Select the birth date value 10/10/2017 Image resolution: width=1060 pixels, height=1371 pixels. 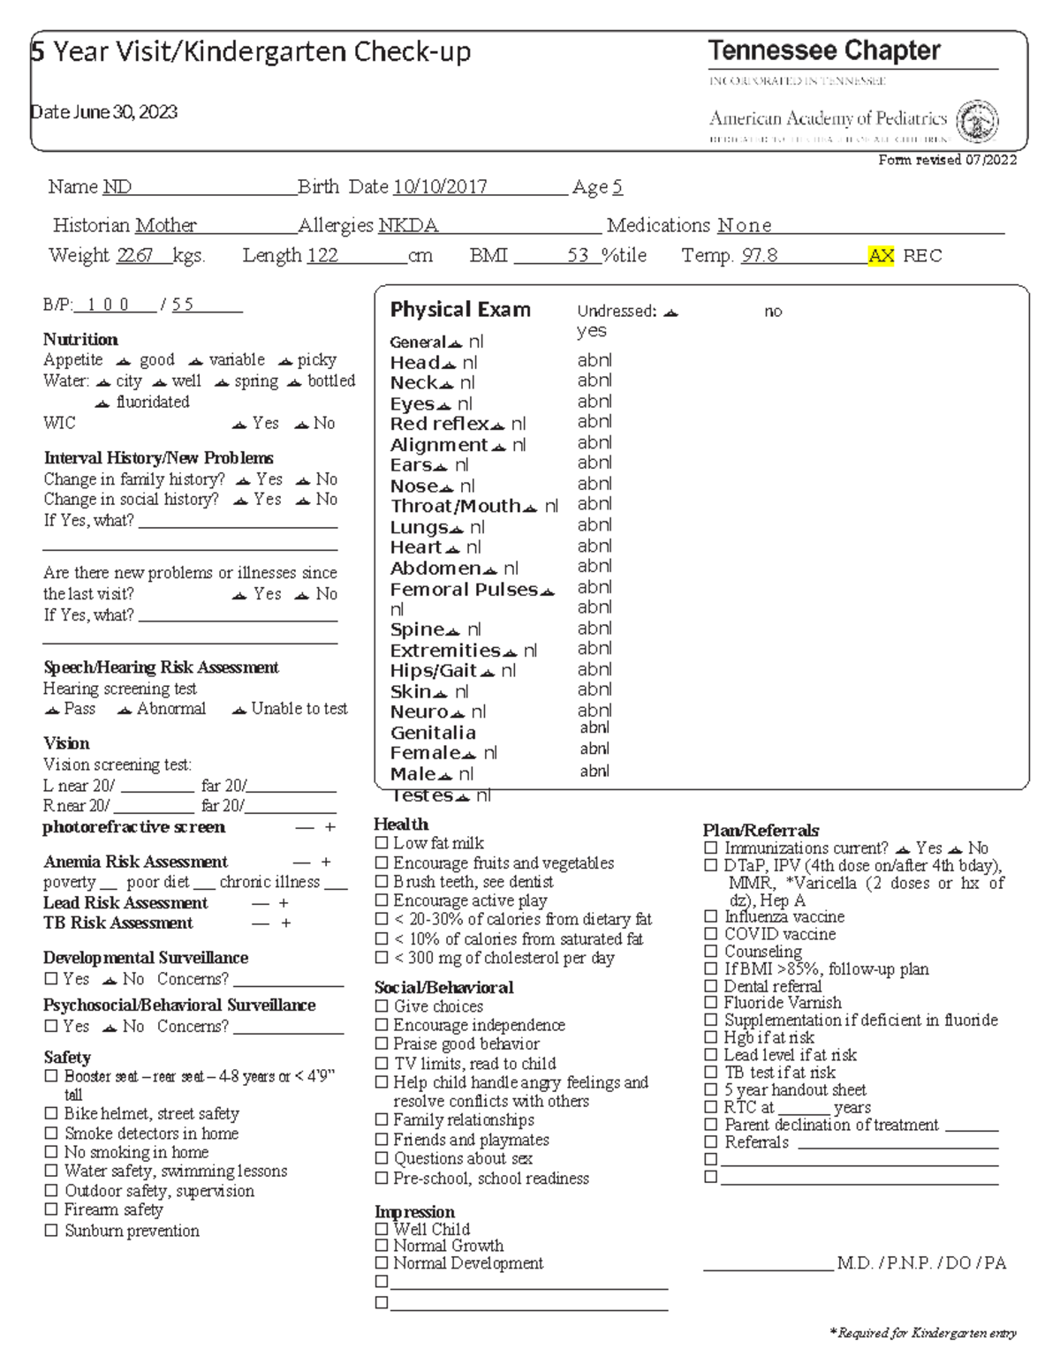click(x=440, y=187)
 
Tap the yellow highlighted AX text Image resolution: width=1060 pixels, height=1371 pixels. click(x=881, y=256)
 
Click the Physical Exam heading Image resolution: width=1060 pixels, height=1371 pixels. click(x=460, y=310)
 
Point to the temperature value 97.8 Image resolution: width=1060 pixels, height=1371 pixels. click(x=759, y=256)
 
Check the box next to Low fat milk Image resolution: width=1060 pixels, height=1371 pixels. click(x=382, y=844)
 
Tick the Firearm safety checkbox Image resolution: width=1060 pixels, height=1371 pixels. click(x=51, y=1210)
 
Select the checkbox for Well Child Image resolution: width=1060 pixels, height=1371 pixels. click(x=382, y=1229)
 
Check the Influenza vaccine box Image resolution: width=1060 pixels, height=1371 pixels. click(x=711, y=917)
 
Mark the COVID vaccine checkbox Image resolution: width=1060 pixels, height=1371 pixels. click(x=711, y=934)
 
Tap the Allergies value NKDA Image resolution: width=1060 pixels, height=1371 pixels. click(x=408, y=226)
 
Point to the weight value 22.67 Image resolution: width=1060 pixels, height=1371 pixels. click(x=135, y=256)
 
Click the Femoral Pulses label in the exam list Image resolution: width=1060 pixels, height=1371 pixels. click(x=464, y=590)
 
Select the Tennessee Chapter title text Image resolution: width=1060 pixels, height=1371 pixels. click(x=823, y=51)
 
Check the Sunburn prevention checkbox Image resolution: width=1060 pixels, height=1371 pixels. click(x=51, y=1231)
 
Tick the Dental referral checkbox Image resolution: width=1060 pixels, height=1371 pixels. click(x=711, y=986)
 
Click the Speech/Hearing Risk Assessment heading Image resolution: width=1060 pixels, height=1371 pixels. click(x=161, y=667)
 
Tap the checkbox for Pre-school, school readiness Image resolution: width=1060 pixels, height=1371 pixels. click(x=382, y=1179)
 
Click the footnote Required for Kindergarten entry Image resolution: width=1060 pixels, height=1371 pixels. click(x=922, y=1333)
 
